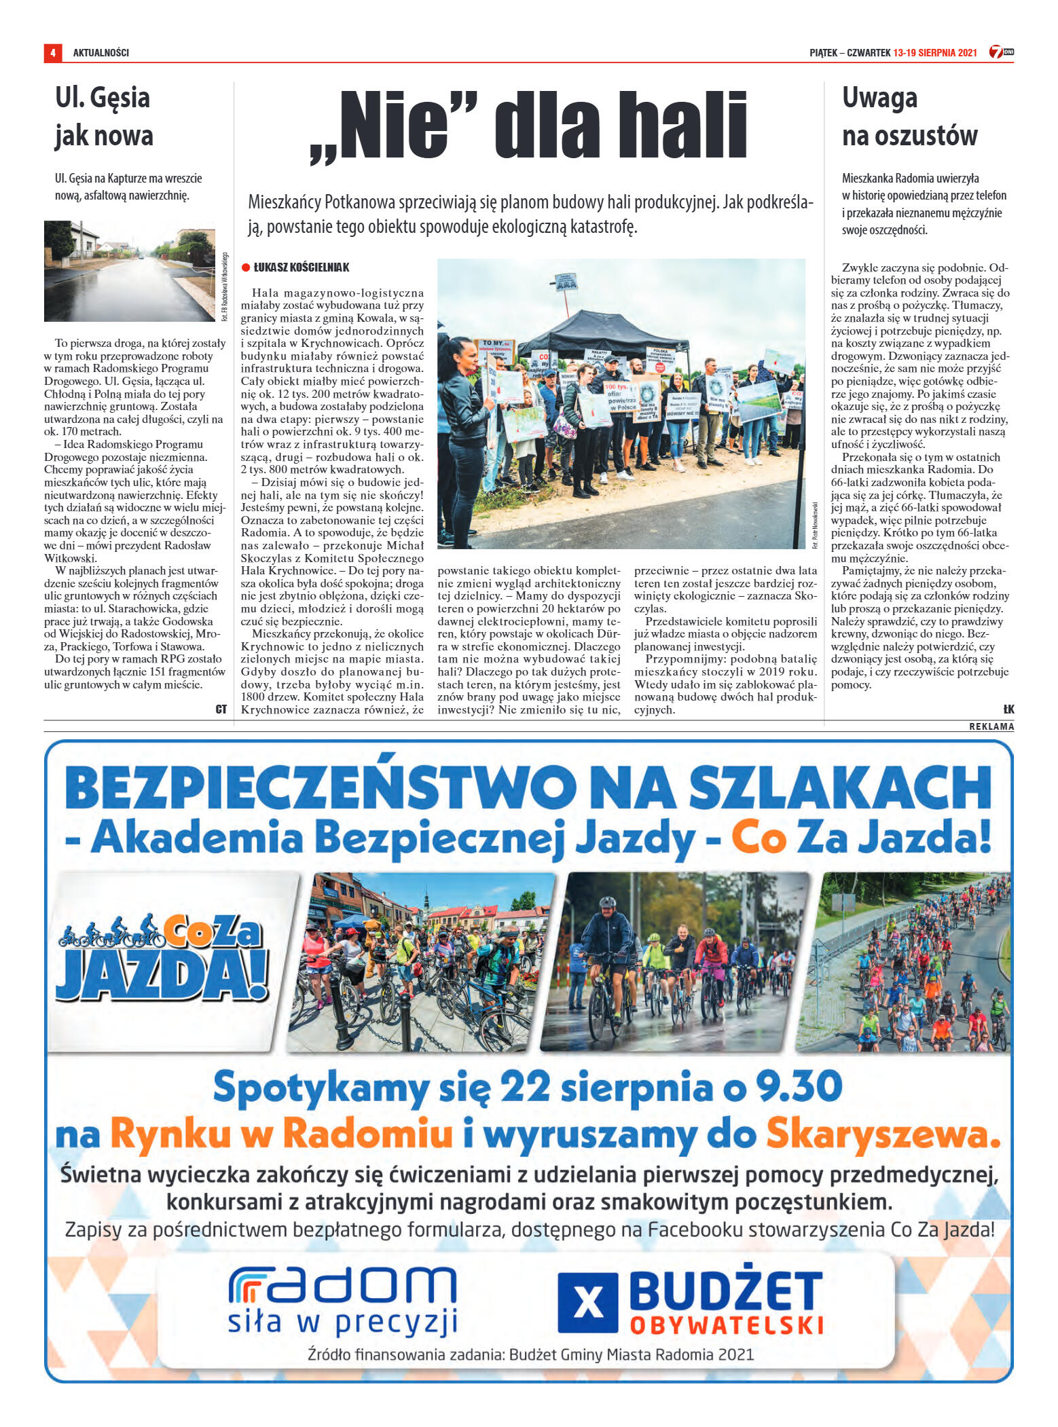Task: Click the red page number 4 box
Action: [52, 52]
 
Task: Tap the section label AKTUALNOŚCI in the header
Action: [101, 53]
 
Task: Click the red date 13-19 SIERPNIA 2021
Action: [934, 53]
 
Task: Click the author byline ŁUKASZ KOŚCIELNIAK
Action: [302, 267]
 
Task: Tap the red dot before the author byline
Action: [246, 268]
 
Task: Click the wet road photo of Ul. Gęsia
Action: [129, 271]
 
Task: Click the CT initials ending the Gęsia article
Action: [221, 709]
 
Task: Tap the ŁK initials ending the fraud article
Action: [1008, 709]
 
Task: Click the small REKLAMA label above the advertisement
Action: [991, 726]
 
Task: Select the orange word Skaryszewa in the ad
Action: [883, 1134]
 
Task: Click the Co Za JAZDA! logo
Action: [163, 957]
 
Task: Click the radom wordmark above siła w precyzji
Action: [343, 1285]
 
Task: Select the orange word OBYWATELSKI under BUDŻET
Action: [727, 1326]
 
